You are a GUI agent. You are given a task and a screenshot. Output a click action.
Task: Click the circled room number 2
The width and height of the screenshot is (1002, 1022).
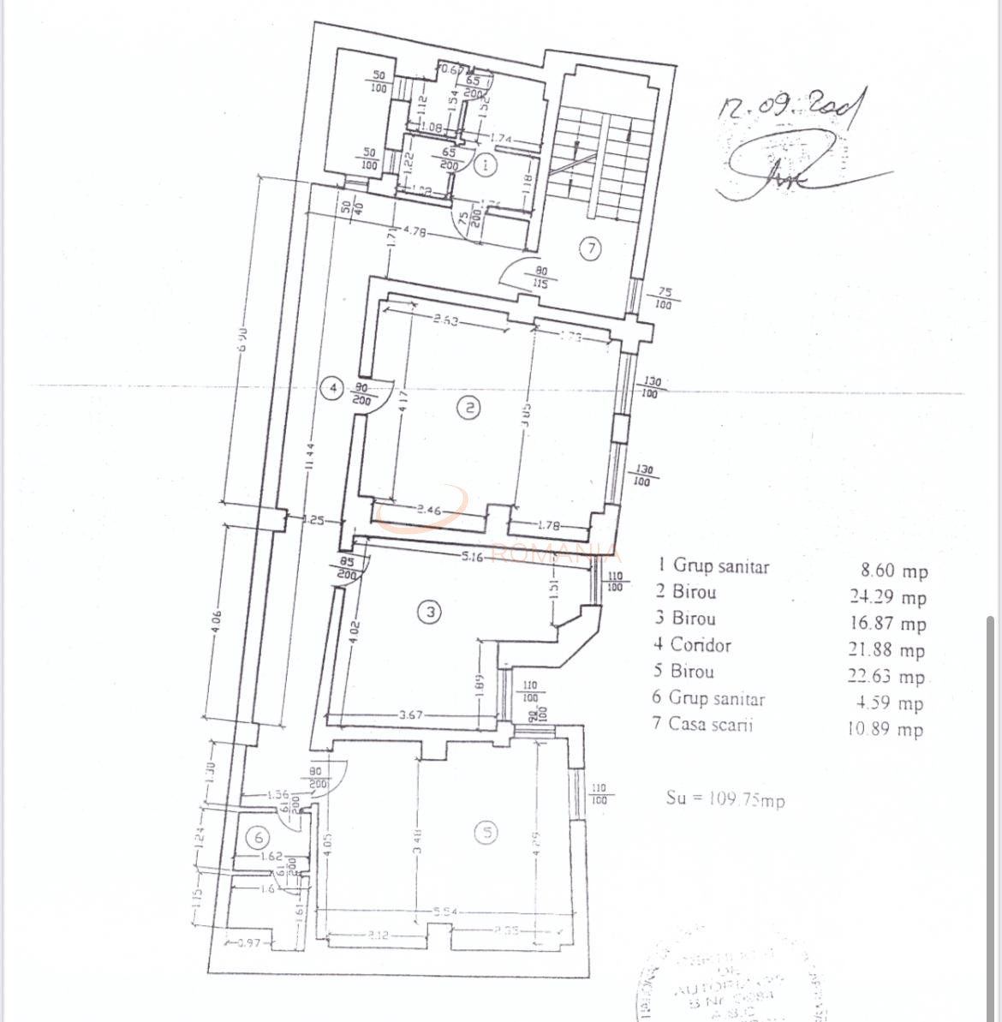click(x=468, y=408)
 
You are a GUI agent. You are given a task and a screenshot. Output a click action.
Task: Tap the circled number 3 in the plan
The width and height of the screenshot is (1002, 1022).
click(x=430, y=612)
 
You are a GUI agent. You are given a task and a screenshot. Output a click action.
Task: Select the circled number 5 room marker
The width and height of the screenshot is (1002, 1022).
click(x=486, y=832)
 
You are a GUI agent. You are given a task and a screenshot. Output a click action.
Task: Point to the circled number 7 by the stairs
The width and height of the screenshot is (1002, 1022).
click(x=590, y=248)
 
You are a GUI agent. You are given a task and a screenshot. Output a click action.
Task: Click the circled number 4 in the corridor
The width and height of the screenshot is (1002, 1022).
click(x=333, y=388)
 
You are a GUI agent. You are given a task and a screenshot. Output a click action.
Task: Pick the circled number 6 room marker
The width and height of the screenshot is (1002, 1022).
click(x=259, y=837)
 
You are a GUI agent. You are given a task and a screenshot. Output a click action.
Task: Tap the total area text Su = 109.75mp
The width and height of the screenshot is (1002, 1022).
click(x=725, y=798)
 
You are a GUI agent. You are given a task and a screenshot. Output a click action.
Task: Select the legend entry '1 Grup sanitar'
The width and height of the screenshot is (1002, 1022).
click(x=713, y=566)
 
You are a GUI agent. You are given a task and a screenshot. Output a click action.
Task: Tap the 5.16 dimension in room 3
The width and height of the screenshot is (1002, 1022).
click(x=473, y=556)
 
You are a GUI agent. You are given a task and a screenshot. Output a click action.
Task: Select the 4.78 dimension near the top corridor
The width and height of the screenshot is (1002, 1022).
click(x=415, y=230)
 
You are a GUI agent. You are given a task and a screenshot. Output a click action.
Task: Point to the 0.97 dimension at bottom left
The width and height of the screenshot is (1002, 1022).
click(x=248, y=942)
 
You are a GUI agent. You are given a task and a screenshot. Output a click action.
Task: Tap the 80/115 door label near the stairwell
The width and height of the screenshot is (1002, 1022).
click(x=540, y=277)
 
